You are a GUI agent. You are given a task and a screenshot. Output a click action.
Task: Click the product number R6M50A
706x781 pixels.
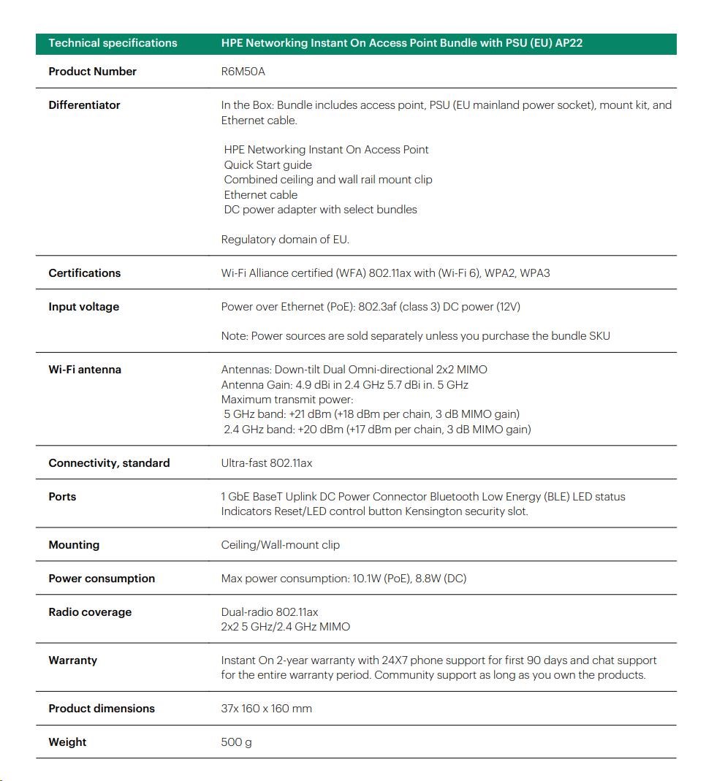tap(238, 72)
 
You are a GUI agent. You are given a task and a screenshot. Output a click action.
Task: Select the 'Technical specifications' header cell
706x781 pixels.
tap(113, 43)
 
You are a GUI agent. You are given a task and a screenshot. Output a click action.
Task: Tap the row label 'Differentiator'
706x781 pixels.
tap(84, 105)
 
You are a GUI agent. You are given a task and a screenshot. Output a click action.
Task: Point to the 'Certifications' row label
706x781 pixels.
tap(84, 273)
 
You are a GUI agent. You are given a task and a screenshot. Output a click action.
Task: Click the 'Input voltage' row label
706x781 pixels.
tap(83, 307)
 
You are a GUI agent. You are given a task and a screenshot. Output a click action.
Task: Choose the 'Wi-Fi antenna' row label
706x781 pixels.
tap(85, 370)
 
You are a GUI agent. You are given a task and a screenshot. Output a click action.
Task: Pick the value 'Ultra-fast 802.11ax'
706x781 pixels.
tap(267, 463)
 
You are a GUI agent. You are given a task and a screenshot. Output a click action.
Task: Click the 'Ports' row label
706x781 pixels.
tap(62, 497)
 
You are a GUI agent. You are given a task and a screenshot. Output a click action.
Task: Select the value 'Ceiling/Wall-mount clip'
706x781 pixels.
tap(280, 545)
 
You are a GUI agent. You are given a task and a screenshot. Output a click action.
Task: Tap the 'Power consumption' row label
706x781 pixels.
tap(102, 579)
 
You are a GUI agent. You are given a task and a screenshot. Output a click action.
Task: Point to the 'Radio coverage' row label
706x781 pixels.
tap(90, 612)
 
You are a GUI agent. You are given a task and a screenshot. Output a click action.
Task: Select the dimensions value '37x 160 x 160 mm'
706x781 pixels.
tap(267, 709)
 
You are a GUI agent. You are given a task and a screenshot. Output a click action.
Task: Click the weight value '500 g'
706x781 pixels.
tap(236, 742)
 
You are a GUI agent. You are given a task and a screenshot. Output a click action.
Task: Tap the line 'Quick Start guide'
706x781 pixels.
tap(267, 165)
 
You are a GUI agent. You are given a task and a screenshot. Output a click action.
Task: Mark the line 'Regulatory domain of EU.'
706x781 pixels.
tap(285, 240)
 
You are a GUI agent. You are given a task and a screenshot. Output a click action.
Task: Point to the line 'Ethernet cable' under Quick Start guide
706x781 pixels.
tap(261, 195)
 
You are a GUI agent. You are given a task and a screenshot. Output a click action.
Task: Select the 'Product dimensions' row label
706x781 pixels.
tap(102, 709)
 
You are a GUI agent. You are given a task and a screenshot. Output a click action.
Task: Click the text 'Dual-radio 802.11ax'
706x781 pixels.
tap(270, 612)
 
